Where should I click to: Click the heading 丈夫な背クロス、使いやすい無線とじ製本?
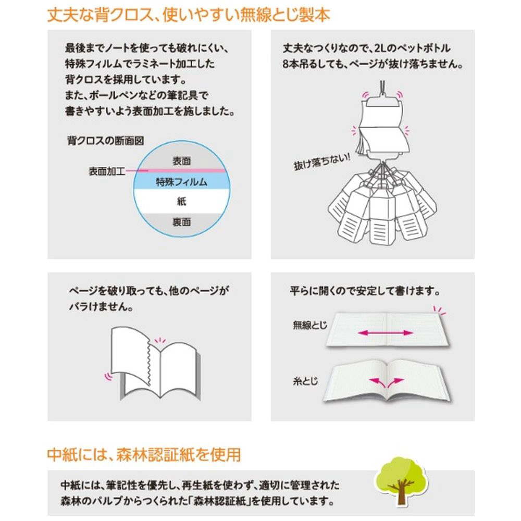[x=189, y=15]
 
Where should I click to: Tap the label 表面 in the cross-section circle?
[x=182, y=161]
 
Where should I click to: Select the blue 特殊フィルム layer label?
[x=182, y=182]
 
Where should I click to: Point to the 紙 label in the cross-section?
[x=182, y=201]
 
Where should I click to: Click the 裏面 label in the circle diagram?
[x=182, y=221]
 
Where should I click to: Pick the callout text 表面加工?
[x=107, y=171]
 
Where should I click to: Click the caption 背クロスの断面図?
[x=106, y=141]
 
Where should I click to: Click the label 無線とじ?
[x=310, y=325]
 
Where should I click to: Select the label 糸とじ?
[x=305, y=381]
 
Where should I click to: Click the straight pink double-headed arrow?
[x=386, y=332]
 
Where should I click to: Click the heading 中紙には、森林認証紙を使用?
[x=144, y=454]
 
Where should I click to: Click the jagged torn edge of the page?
[x=149, y=362]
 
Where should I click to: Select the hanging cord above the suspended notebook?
[x=382, y=88]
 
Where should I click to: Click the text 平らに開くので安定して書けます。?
[x=365, y=291]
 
